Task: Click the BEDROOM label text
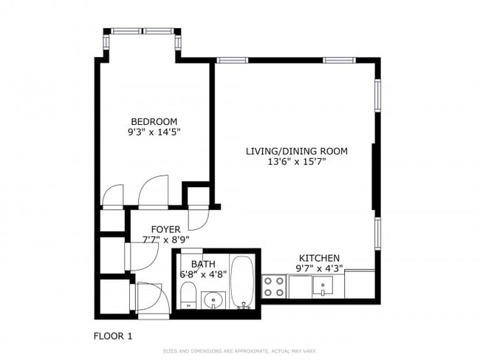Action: point(154,122)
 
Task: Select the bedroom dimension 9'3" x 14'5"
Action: point(154,133)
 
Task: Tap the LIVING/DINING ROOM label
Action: point(296,152)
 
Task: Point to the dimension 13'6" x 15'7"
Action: point(296,163)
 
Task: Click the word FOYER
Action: point(166,229)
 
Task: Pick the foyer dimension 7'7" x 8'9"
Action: point(166,240)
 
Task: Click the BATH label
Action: point(203,264)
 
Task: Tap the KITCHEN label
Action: point(319,258)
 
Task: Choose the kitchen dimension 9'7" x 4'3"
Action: point(319,269)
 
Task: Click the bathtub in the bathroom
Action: point(242,282)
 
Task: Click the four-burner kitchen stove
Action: point(275,285)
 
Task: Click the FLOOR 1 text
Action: point(112,336)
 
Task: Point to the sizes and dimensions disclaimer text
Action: point(239,351)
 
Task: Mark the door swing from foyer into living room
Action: point(198,217)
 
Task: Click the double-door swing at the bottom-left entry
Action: point(146,298)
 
